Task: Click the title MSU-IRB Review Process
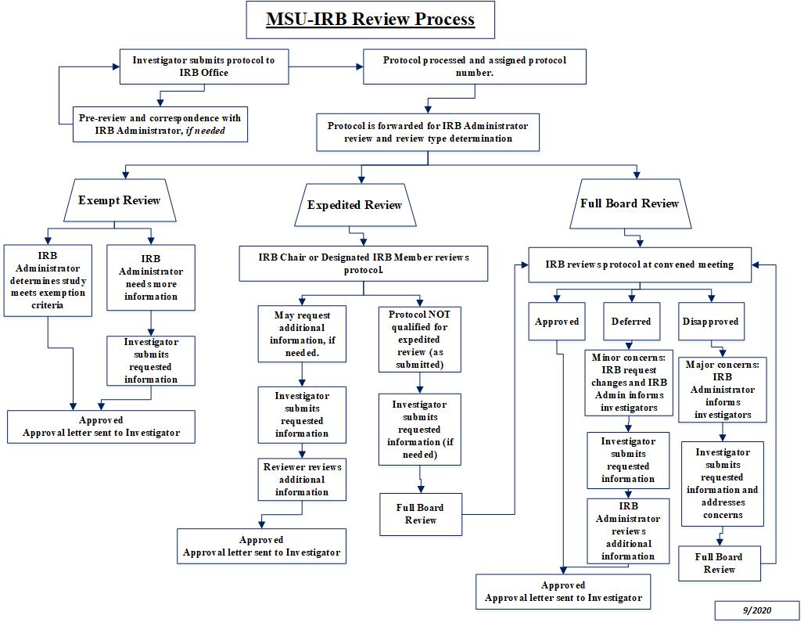tap(370, 20)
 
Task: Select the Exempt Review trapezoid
tap(119, 200)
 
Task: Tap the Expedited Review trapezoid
tap(354, 205)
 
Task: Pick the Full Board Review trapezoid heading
tap(630, 203)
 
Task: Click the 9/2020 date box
tap(756, 610)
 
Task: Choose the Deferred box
tap(631, 322)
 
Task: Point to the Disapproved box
tap(710, 322)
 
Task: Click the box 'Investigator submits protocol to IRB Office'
tap(203, 67)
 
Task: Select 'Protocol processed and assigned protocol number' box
tap(475, 67)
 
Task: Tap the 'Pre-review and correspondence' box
tap(160, 124)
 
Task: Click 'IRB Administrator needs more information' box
tap(151, 278)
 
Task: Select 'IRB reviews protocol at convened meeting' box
tap(640, 264)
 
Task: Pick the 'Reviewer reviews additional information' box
tap(302, 480)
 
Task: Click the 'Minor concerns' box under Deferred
tap(628, 383)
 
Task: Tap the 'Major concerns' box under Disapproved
tap(723, 390)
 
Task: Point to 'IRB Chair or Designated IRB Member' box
tap(364, 264)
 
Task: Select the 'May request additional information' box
tap(301, 333)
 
